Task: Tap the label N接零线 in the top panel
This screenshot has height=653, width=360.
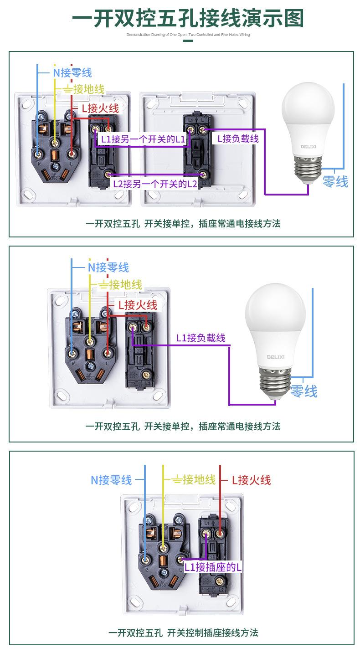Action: pos(72,72)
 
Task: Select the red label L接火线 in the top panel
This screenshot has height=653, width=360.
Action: pos(100,108)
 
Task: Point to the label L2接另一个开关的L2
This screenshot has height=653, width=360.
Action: pos(155,184)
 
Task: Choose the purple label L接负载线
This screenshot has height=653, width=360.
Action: pos(238,139)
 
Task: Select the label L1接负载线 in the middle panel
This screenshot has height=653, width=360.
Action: pos(201,338)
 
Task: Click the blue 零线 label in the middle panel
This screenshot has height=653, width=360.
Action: pos(304,391)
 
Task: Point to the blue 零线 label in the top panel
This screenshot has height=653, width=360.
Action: pos(335,182)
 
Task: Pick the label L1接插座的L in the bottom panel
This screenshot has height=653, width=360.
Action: pos(213,567)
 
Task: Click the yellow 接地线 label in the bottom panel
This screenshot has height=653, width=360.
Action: pos(193,479)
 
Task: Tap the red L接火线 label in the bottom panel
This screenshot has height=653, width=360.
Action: pos(251,480)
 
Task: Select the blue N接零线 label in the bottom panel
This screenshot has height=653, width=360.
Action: pos(111,480)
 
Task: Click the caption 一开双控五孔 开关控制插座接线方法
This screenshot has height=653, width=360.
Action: pos(183,632)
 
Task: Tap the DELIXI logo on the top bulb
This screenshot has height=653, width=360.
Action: pos(309,146)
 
